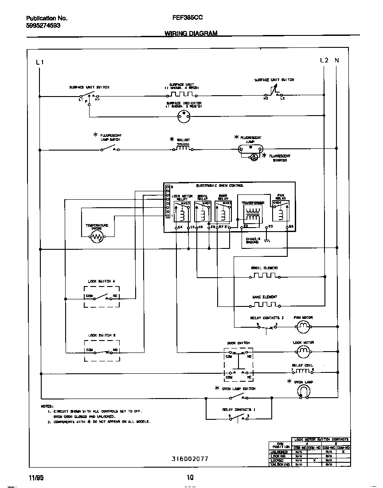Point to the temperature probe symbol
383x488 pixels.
point(97,238)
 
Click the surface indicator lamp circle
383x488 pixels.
point(183,116)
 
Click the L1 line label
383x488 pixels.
point(39,62)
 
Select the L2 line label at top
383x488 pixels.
point(324,60)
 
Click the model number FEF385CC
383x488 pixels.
point(185,19)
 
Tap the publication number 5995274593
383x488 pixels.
point(43,26)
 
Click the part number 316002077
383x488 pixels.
point(190,459)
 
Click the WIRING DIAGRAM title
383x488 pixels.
point(191,33)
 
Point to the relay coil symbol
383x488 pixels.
point(303,370)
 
